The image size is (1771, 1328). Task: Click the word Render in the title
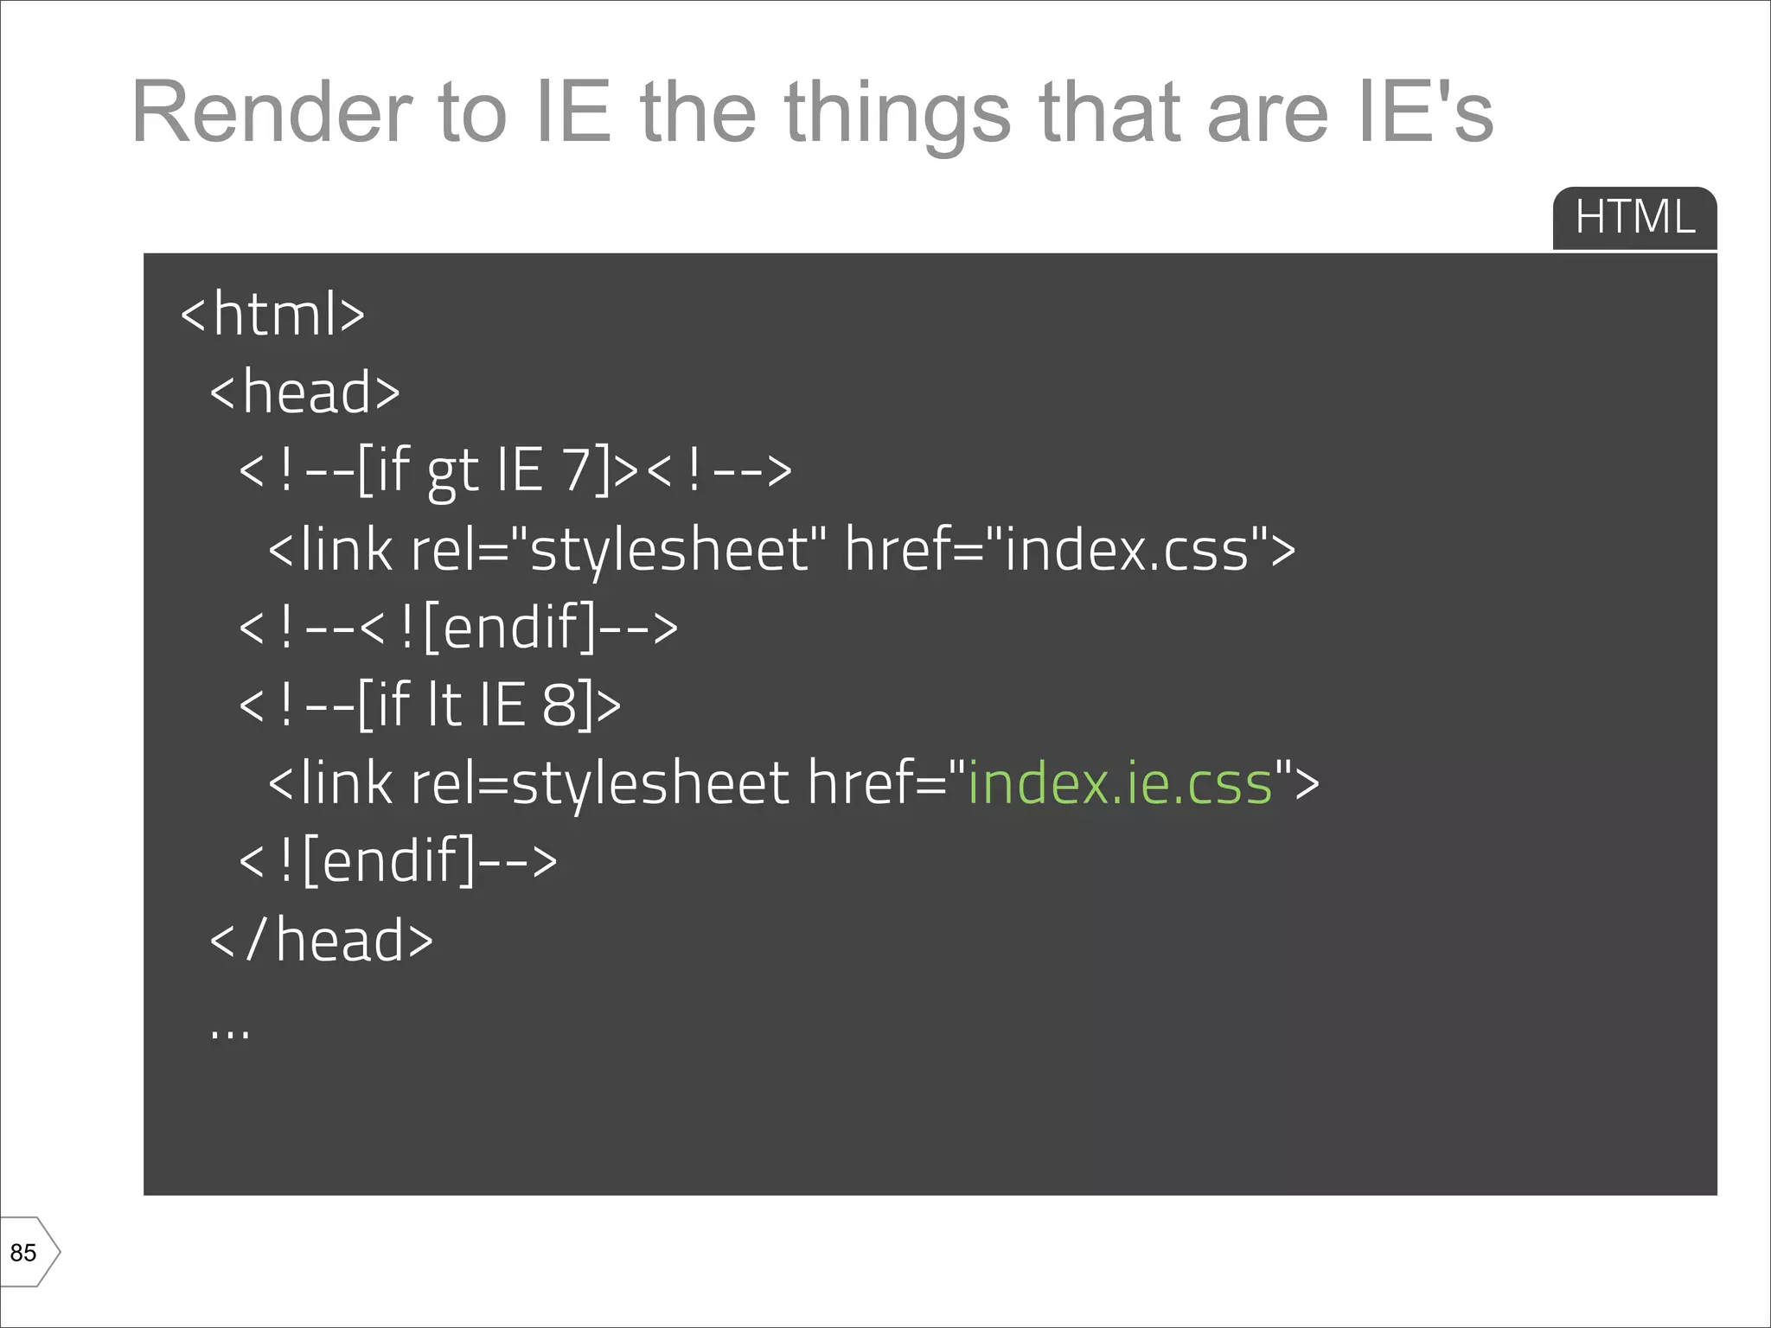(x=271, y=112)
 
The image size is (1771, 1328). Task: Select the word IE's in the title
(x=1425, y=112)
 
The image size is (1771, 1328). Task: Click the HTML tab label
(x=1634, y=216)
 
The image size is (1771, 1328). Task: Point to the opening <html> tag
(x=272, y=314)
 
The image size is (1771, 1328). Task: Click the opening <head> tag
(x=305, y=392)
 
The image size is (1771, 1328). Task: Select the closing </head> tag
(x=321, y=940)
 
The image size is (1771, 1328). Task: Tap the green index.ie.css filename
(x=1120, y=783)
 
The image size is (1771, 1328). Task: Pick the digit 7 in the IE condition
(x=577, y=470)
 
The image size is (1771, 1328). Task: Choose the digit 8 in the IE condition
(x=559, y=705)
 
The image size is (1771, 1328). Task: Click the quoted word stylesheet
(x=669, y=550)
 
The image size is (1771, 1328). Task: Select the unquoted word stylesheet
(x=649, y=783)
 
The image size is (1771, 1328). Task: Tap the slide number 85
(x=23, y=1253)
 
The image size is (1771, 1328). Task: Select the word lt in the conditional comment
(x=444, y=705)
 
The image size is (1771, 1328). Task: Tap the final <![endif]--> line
(x=398, y=861)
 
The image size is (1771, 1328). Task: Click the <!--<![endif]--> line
(x=458, y=628)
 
